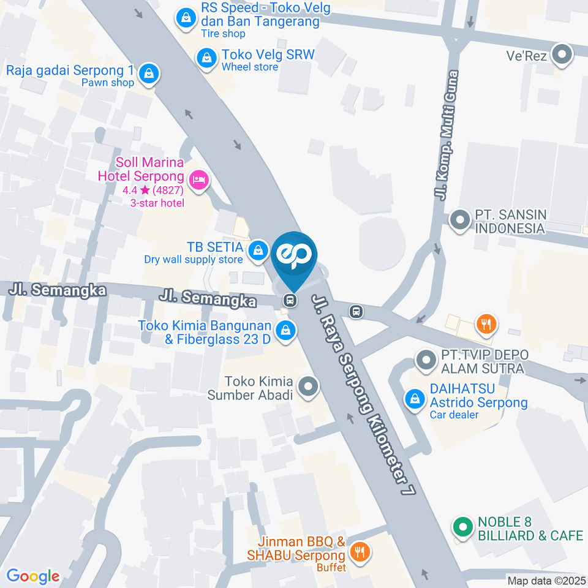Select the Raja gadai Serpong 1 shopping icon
coord(149,75)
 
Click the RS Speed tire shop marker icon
coord(184,18)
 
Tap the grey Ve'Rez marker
coord(561,55)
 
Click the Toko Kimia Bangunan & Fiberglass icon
coord(284,331)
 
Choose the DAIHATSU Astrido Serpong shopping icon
coord(415,399)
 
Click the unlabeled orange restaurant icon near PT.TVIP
coord(486,324)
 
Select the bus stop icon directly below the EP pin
coord(290,301)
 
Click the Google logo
coord(32,576)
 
